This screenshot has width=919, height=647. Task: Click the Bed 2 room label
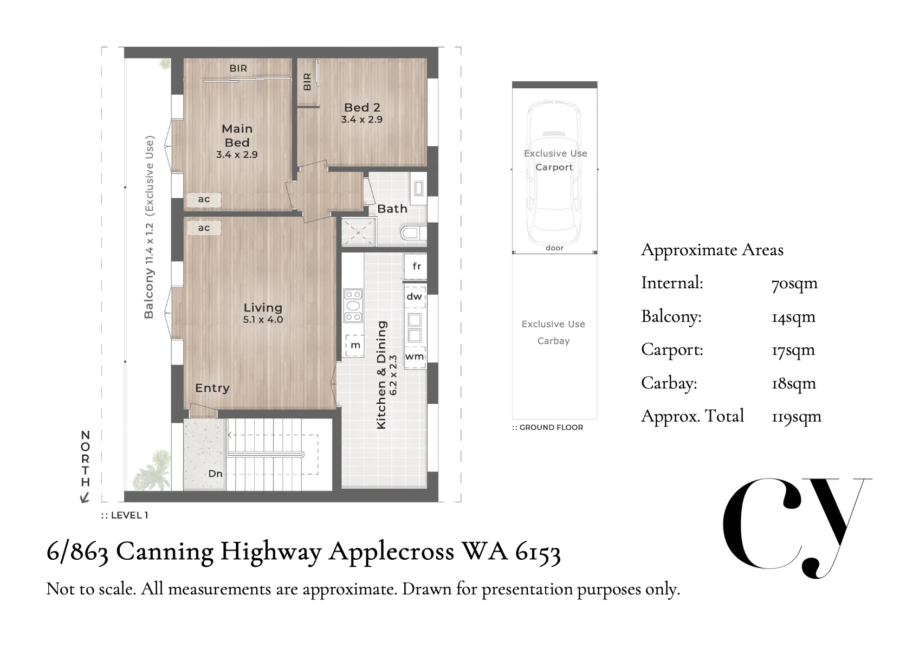tap(362, 107)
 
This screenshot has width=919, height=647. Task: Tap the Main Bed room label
tap(237, 135)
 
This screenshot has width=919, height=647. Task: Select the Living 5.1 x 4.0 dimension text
tap(263, 320)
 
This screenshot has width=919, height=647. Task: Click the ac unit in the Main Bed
tap(204, 199)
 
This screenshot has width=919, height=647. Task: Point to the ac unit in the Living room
tap(204, 228)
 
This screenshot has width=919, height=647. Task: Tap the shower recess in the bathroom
tap(358, 232)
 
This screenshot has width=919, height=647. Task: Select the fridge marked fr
tap(416, 267)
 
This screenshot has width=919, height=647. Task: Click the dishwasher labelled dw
tap(415, 296)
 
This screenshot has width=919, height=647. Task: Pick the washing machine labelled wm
tap(415, 357)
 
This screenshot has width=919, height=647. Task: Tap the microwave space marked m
tap(355, 346)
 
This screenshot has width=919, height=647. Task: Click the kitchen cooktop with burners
tap(353, 306)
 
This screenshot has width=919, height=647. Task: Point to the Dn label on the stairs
tap(216, 474)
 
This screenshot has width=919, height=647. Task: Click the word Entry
tap(212, 388)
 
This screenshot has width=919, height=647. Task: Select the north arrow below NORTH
tap(85, 497)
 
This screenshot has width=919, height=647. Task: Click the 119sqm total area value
tap(797, 417)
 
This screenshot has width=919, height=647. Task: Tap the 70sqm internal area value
tap(795, 284)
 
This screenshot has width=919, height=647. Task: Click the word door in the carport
tap(555, 248)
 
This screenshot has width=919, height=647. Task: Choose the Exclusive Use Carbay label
tap(553, 332)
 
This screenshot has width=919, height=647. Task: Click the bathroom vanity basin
tap(418, 189)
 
